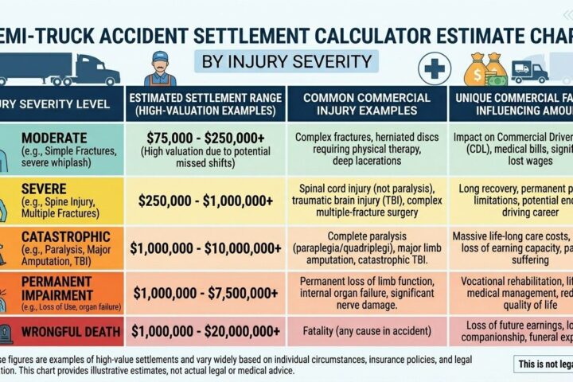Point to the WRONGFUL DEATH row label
[x=70, y=329]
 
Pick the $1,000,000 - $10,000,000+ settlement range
[x=206, y=248]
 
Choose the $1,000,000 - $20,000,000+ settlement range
[x=206, y=329]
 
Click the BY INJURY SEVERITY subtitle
[x=286, y=61]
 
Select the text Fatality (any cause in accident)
[x=366, y=330]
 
